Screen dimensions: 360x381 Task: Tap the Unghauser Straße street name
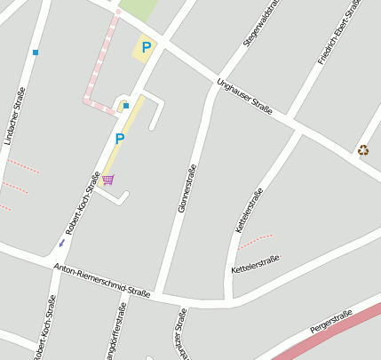click(244, 96)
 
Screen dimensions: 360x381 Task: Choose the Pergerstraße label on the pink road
click(331, 322)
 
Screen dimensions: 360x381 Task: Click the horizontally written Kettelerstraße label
click(255, 263)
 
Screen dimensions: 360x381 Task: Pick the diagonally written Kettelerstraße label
click(249, 212)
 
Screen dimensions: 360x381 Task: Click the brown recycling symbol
click(363, 150)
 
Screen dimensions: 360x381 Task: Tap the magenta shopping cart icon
click(107, 180)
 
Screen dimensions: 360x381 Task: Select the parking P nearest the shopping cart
click(119, 139)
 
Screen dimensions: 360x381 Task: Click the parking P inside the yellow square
click(145, 47)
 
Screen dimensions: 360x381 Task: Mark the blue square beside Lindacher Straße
click(36, 52)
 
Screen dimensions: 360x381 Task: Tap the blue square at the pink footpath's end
click(126, 106)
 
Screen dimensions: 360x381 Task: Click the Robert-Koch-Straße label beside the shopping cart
click(82, 204)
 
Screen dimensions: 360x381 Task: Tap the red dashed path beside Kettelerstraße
click(255, 240)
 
